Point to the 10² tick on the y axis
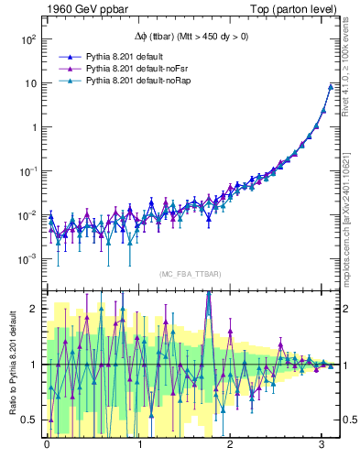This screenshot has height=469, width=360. coord(27,39)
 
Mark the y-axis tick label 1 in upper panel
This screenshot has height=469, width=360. coord(33,127)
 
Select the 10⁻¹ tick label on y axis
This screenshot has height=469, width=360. coord(27,171)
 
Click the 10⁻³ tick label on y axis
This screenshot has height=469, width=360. coord(27,259)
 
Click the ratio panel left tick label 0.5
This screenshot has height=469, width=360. coord(30,420)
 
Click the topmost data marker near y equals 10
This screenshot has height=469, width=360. coord(330,87)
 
